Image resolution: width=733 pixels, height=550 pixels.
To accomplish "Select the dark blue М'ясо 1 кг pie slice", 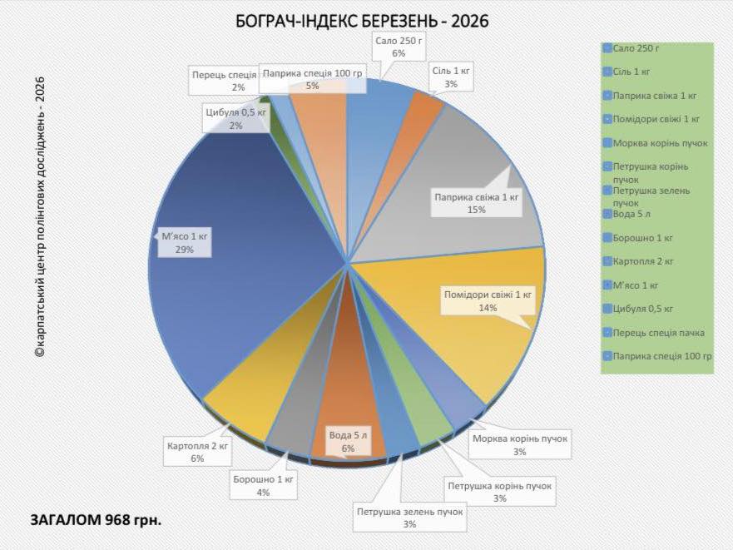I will (250, 275).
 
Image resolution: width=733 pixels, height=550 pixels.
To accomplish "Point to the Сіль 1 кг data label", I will (451, 77).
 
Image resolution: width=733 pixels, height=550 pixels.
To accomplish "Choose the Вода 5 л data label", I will (348, 441).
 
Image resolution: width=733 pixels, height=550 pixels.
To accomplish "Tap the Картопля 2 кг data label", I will (197, 451).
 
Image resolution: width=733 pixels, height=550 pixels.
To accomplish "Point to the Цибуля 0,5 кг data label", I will (235, 118).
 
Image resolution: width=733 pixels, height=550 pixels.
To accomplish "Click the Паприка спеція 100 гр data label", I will (313, 79).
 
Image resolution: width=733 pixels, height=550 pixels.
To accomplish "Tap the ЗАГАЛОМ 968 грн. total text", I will (96, 520).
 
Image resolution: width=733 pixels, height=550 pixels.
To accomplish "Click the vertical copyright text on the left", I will (39, 216).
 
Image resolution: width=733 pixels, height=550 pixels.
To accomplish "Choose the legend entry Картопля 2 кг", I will (641, 261).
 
